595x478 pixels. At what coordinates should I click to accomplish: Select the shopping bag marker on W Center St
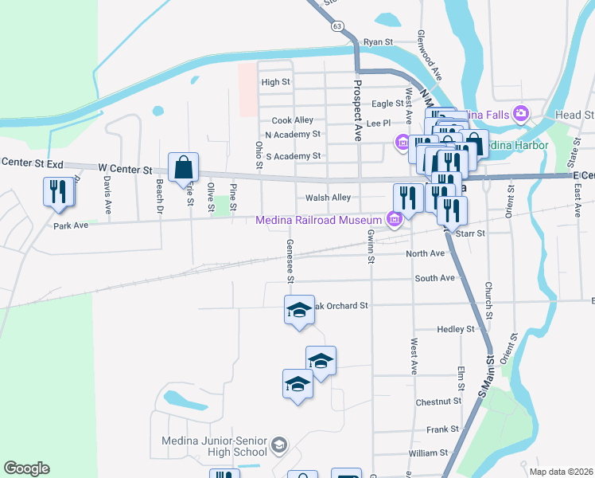pos(183,167)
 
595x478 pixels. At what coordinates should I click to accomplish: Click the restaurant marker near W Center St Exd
pos(59,192)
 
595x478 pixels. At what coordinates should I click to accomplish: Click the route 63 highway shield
pos(338,26)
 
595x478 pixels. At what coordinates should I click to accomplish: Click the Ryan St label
pos(378,41)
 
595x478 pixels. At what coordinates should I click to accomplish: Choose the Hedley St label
pos(455,329)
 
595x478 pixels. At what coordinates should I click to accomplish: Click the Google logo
pos(26,468)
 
